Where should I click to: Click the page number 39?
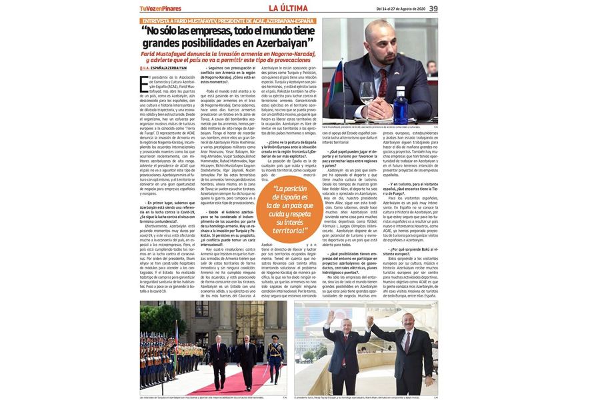point(433,8)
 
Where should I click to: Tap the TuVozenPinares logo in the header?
point(161,9)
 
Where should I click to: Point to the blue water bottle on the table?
point(400,107)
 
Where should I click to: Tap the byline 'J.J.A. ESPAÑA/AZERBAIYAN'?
point(164,68)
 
